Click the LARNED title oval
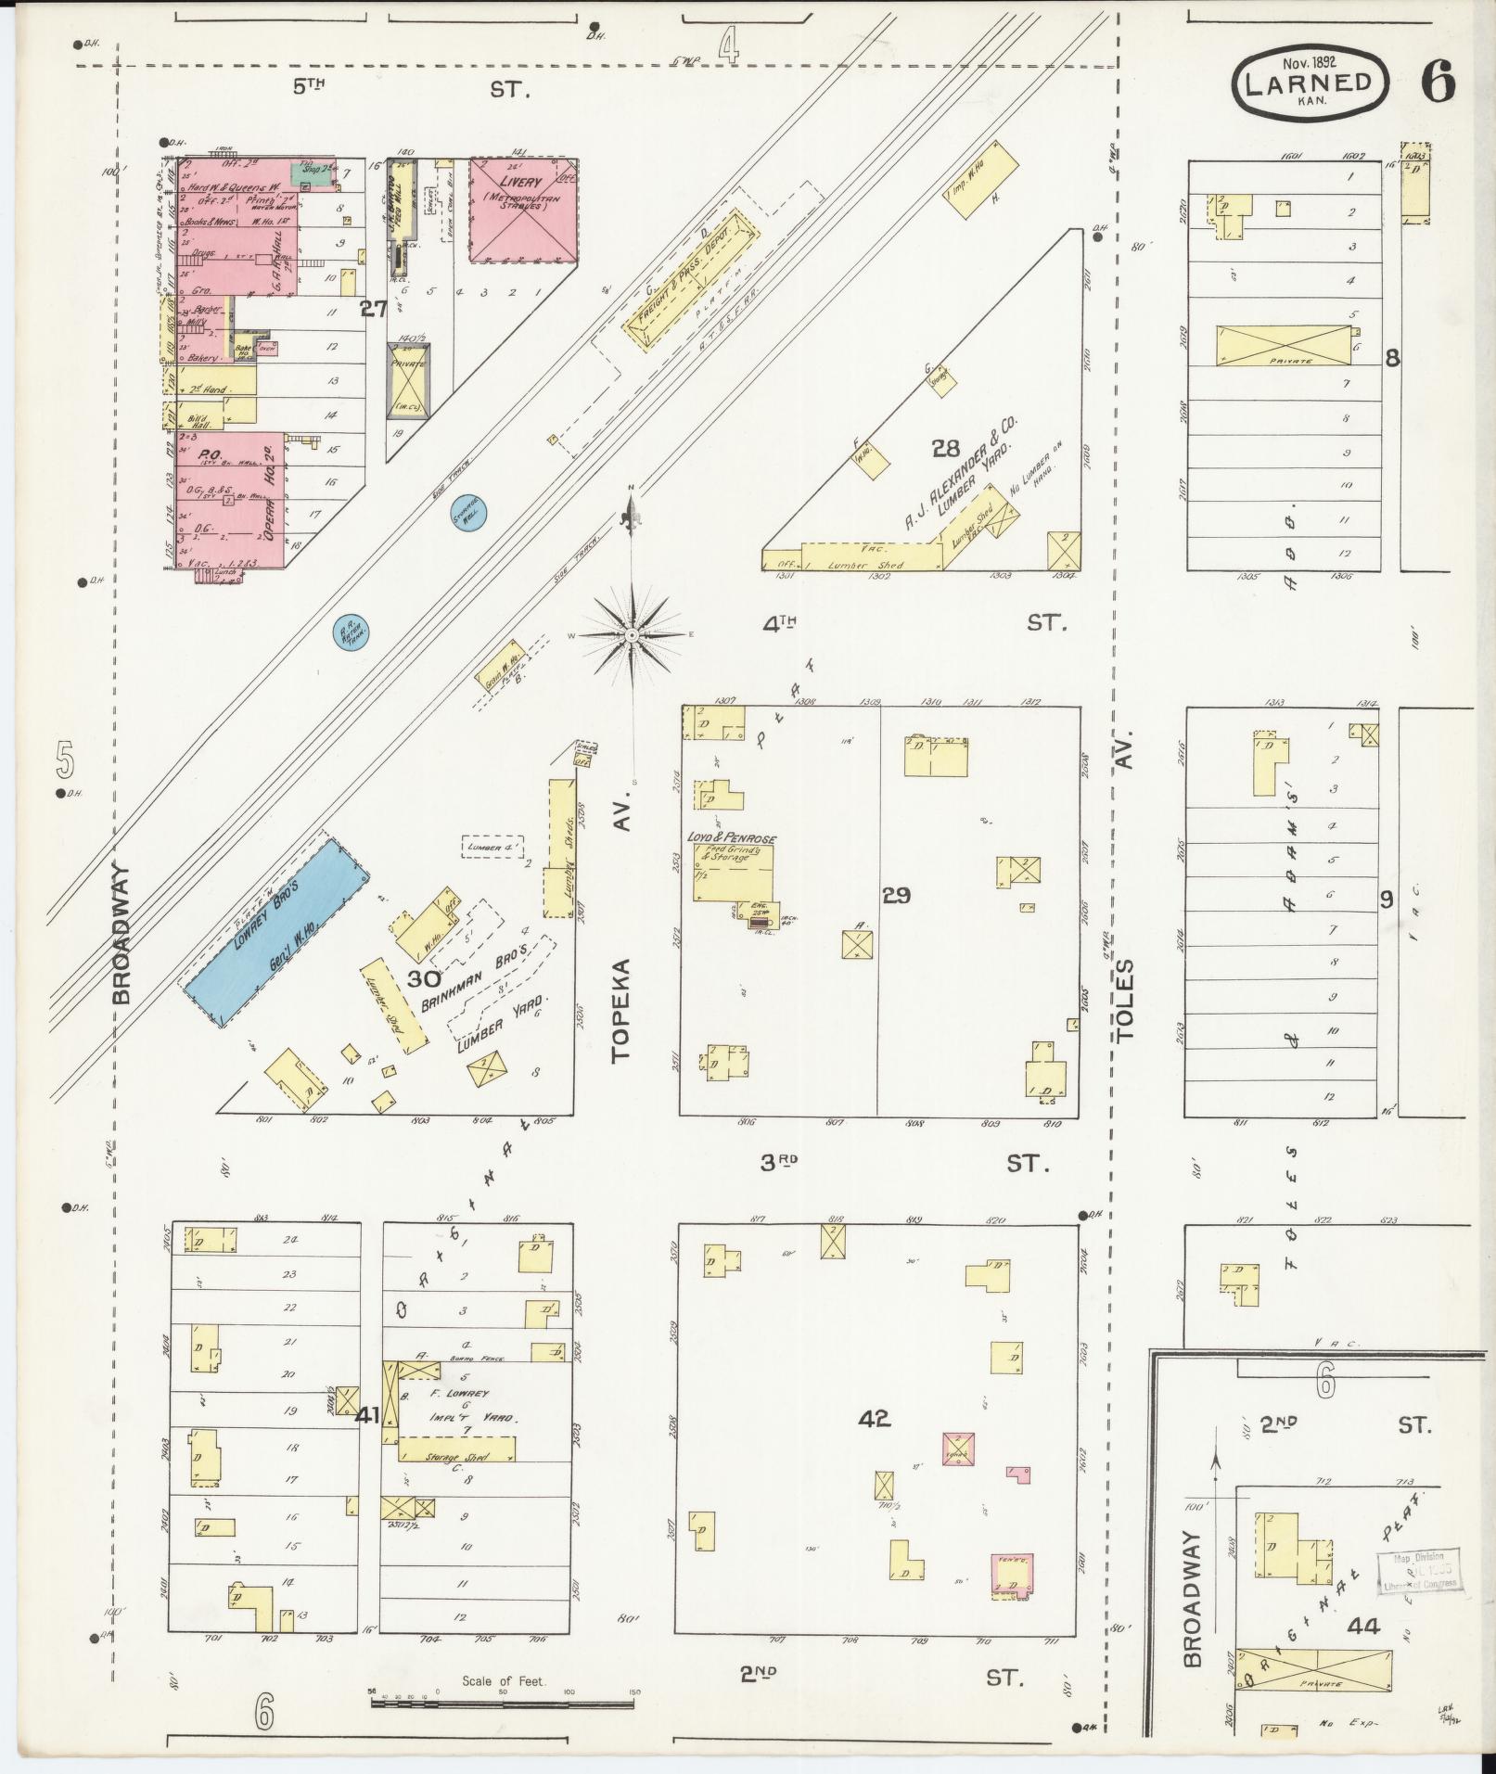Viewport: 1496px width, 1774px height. [x=1310, y=83]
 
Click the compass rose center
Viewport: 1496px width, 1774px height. [x=632, y=634]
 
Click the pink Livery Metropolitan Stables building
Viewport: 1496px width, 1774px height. [x=522, y=210]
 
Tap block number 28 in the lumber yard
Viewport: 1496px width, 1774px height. [x=945, y=450]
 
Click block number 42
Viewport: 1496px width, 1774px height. [x=874, y=1444]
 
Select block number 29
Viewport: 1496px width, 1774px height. [x=896, y=896]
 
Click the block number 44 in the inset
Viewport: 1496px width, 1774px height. [x=1364, y=1626]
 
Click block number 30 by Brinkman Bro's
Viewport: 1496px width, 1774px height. [x=424, y=979]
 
